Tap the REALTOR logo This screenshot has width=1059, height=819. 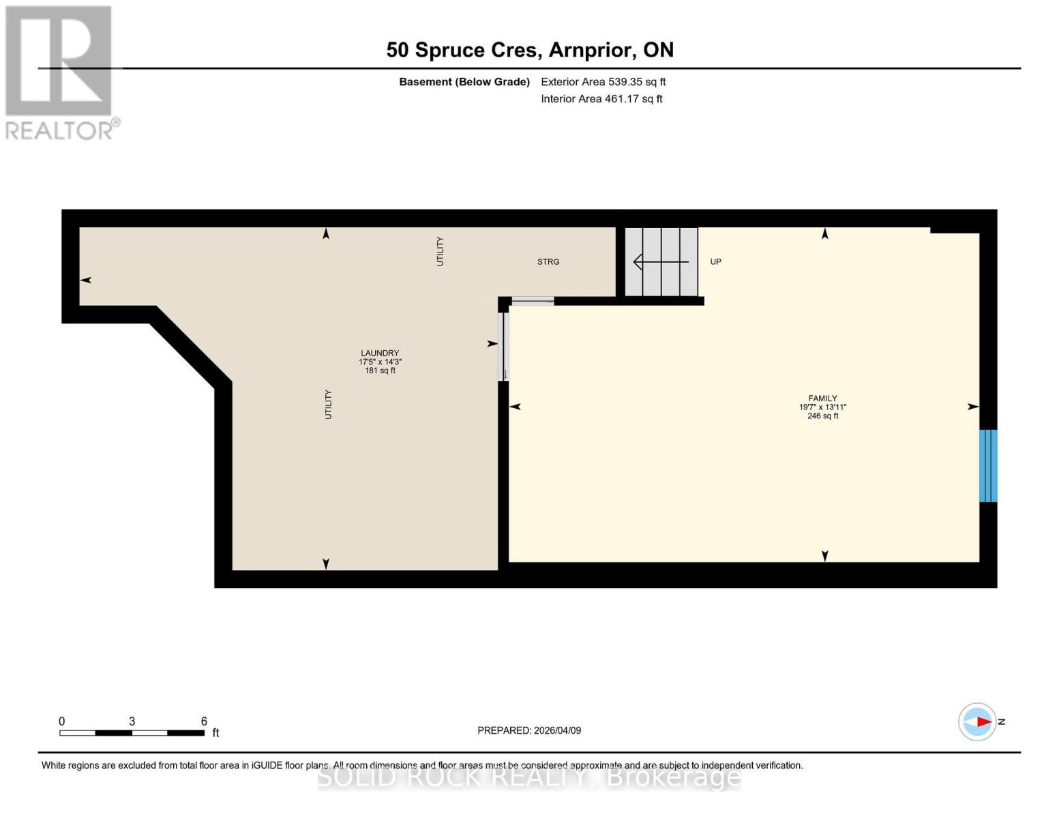[x=60, y=72]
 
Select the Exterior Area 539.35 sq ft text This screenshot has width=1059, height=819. [x=603, y=82]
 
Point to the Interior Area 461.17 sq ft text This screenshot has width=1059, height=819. [x=601, y=99]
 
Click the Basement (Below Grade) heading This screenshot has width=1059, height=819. [x=464, y=82]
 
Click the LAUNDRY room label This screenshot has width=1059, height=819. [x=380, y=354]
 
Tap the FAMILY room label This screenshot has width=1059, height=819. [x=822, y=399]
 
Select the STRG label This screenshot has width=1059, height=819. [x=548, y=262]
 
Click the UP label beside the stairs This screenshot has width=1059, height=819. [x=715, y=262]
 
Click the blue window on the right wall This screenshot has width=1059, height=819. [x=988, y=465]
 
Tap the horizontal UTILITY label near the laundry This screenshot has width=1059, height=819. [x=328, y=404]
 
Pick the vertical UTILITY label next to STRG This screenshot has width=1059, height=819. [x=440, y=251]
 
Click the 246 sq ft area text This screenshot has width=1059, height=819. [x=822, y=416]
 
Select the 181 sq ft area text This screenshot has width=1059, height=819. [x=380, y=371]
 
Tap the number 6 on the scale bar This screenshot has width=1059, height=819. [x=204, y=721]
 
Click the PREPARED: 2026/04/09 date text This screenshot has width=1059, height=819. [x=529, y=730]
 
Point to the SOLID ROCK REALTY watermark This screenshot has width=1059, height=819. [x=529, y=777]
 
